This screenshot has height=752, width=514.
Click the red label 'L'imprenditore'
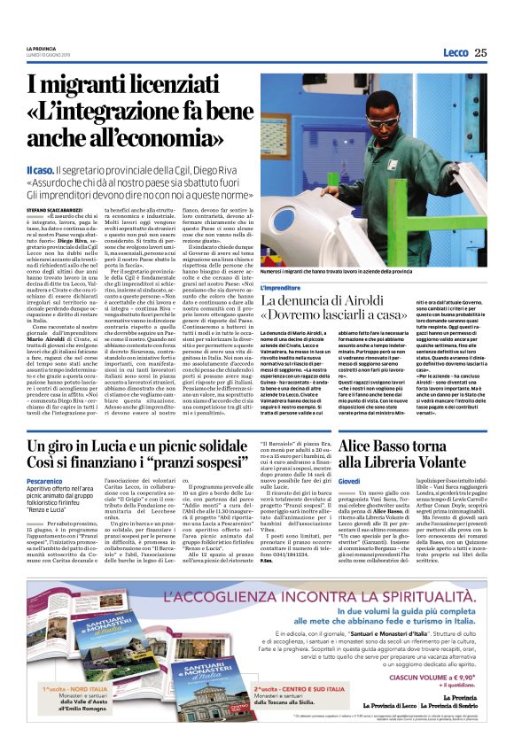(x=286, y=289)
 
